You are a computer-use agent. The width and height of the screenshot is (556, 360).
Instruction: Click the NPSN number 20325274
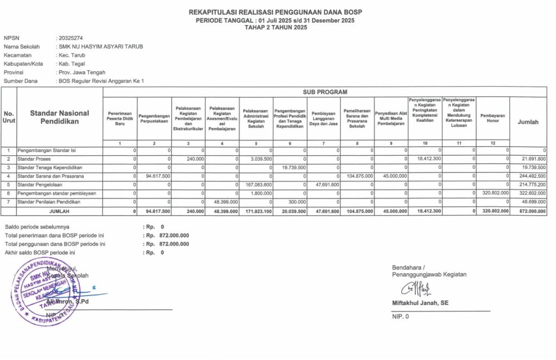[71, 38]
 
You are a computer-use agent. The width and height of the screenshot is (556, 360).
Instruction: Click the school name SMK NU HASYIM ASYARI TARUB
[100, 47]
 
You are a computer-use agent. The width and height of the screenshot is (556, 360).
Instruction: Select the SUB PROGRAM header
[325, 92]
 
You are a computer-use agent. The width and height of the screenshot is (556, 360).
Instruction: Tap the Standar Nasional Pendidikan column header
[60, 117]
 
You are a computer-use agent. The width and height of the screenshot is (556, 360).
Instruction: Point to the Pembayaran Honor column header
[492, 118]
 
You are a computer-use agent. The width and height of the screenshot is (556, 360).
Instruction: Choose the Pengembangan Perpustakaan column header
[154, 118]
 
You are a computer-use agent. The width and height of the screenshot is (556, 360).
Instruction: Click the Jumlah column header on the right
[528, 122]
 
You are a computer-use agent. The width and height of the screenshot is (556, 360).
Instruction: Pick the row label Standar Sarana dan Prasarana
[50, 176]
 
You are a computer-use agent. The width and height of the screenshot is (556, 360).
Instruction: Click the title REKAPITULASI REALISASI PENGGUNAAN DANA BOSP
[275, 12]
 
